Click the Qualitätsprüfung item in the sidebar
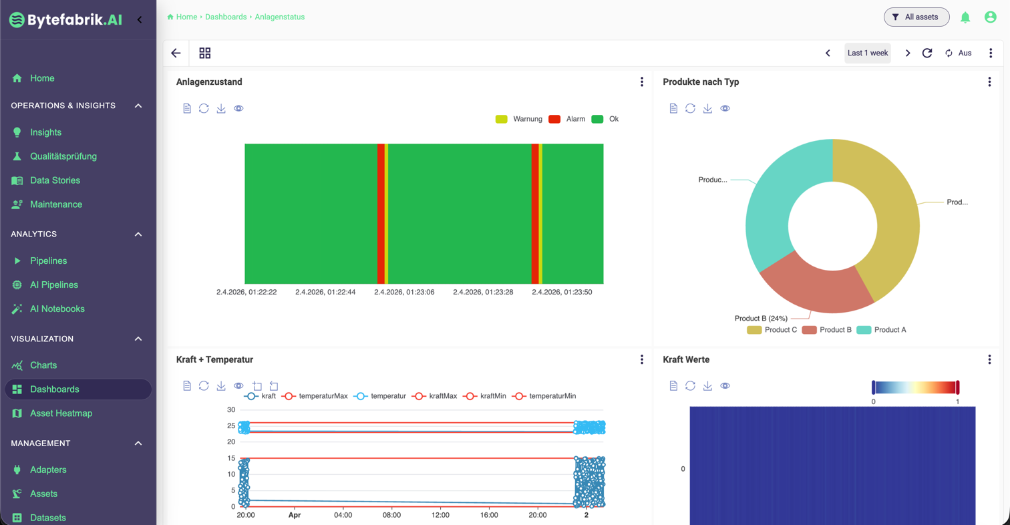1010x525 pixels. pos(63,156)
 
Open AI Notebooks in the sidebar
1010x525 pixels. pos(57,309)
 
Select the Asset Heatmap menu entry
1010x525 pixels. pos(61,413)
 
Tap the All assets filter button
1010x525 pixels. pos(916,17)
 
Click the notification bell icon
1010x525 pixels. pos(965,17)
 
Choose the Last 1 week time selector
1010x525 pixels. pos(867,53)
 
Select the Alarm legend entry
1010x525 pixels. pos(567,119)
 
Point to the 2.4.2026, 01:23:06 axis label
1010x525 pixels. pos(404,292)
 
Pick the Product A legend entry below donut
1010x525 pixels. pos(882,330)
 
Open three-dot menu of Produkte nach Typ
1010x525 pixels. pos(989,82)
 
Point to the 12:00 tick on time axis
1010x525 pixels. pos(441,516)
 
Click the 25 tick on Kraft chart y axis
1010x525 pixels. pos(231,425)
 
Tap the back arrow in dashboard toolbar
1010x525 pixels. pos(176,53)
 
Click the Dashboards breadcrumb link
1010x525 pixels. pos(226,17)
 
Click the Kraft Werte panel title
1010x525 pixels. pos(686,359)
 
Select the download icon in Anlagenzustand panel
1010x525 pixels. pos(221,108)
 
